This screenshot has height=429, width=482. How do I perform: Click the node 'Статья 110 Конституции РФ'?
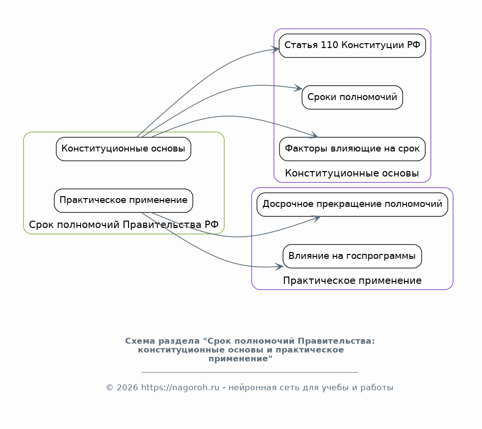pyautogui.click(x=352, y=46)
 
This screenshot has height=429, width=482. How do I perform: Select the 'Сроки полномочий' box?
pyautogui.click(x=352, y=97)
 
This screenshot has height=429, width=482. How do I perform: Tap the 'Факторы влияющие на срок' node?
pyautogui.click(x=352, y=149)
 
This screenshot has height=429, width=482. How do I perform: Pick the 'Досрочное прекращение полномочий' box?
pyautogui.click(x=352, y=204)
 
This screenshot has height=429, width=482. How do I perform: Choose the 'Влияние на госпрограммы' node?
pyautogui.click(x=352, y=256)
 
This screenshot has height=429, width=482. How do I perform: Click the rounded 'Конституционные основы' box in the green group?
pyautogui.click(x=124, y=149)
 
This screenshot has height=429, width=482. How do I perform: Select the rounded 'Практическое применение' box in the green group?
pyautogui.click(x=124, y=201)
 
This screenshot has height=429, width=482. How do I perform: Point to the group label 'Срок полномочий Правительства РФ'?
pyautogui.click(x=124, y=225)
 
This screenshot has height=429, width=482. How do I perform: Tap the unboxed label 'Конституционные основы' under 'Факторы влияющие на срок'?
pyautogui.click(x=352, y=174)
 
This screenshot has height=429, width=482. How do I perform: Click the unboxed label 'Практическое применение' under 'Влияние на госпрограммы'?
pyautogui.click(x=352, y=281)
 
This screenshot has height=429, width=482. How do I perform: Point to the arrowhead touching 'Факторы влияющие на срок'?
pyautogui.click(x=315, y=136)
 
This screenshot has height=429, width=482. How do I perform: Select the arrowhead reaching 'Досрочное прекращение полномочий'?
pyautogui.click(x=317, y=218)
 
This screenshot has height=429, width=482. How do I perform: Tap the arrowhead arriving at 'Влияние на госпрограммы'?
pyautogui.click(x=280, y=267)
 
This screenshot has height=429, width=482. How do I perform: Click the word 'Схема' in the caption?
pyautogui.click(x=139, y=341)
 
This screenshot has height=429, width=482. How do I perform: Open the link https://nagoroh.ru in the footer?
pyautogui.click(x=180, y=388)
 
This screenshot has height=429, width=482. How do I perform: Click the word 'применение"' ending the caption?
pyautogui.click(x=240, y=359)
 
